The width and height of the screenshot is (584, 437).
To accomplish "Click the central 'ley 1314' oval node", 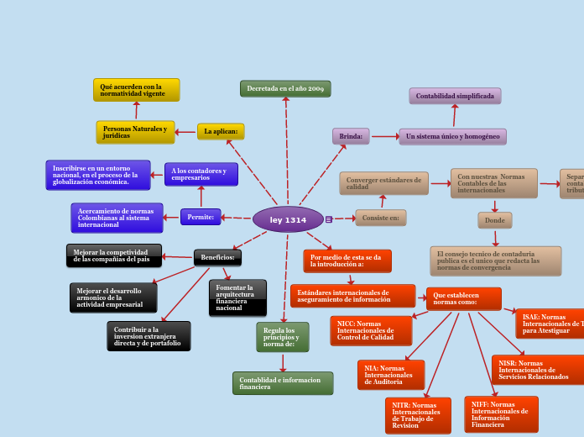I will tap(288, 219).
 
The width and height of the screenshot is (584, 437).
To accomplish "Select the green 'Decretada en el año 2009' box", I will tap(285, 88).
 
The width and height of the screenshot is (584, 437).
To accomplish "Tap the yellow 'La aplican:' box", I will tap(221, 131).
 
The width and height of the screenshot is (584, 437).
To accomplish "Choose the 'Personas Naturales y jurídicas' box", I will tap(135, 132).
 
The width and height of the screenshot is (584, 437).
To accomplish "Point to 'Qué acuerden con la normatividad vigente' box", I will tap(136, 90).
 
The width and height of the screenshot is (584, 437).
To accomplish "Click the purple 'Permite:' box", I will tap(201, 217).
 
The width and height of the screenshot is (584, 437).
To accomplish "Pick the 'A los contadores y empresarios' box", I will tap(201, 174).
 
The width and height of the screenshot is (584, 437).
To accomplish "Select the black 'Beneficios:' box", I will tap(217, 257).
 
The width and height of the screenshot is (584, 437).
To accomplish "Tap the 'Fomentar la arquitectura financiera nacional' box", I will tap(237, 297).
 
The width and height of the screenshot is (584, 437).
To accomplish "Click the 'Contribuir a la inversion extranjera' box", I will tap(149, 336).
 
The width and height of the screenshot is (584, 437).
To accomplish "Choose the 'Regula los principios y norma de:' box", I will tap(282, 336).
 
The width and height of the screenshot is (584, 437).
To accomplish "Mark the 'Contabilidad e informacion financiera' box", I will tap(282, 383).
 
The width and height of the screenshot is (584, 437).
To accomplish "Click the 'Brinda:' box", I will tap(351, 136).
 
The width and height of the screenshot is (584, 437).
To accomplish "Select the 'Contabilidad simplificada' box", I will tap(455, 96).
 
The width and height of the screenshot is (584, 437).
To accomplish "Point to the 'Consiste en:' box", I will tap(380, 218).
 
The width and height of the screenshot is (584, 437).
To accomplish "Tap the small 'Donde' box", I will tap(494, 220).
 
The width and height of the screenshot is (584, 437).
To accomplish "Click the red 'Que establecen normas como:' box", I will tap(463, 298).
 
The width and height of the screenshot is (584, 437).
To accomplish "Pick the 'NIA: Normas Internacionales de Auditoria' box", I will tap(390, 375).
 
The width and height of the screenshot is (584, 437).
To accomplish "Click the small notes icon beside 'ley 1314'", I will tap(329, 219).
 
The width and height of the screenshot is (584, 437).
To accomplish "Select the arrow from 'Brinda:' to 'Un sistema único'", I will tap(384, 136).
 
